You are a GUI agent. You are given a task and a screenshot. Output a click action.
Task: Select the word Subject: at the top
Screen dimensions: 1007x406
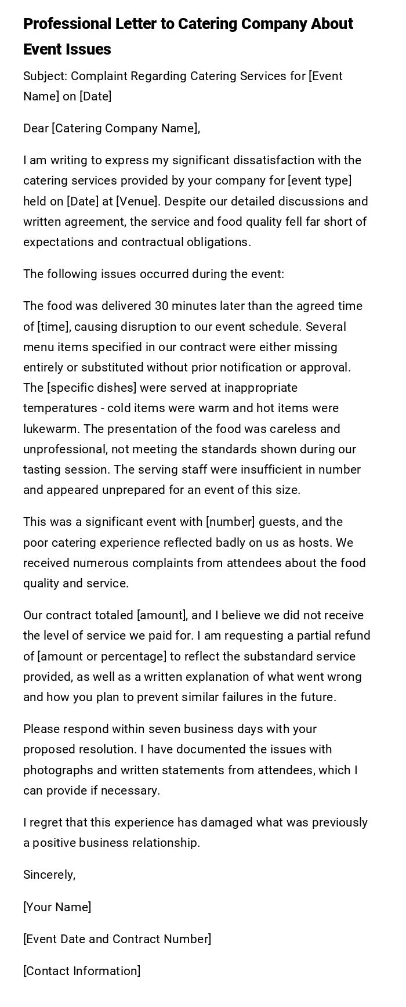45,76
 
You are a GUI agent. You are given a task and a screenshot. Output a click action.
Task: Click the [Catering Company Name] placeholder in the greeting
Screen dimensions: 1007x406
125,128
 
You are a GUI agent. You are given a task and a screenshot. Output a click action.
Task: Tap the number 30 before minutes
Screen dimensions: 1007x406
162,306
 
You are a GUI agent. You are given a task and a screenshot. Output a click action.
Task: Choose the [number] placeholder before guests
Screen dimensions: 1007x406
230,522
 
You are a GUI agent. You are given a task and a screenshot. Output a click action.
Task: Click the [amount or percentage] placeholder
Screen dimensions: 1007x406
101,656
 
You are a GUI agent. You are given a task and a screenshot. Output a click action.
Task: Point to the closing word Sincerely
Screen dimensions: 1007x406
49,875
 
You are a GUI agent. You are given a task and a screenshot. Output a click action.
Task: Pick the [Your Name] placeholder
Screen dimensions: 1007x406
57,907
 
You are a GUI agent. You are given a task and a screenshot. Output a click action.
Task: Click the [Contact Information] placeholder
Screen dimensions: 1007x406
82,971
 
